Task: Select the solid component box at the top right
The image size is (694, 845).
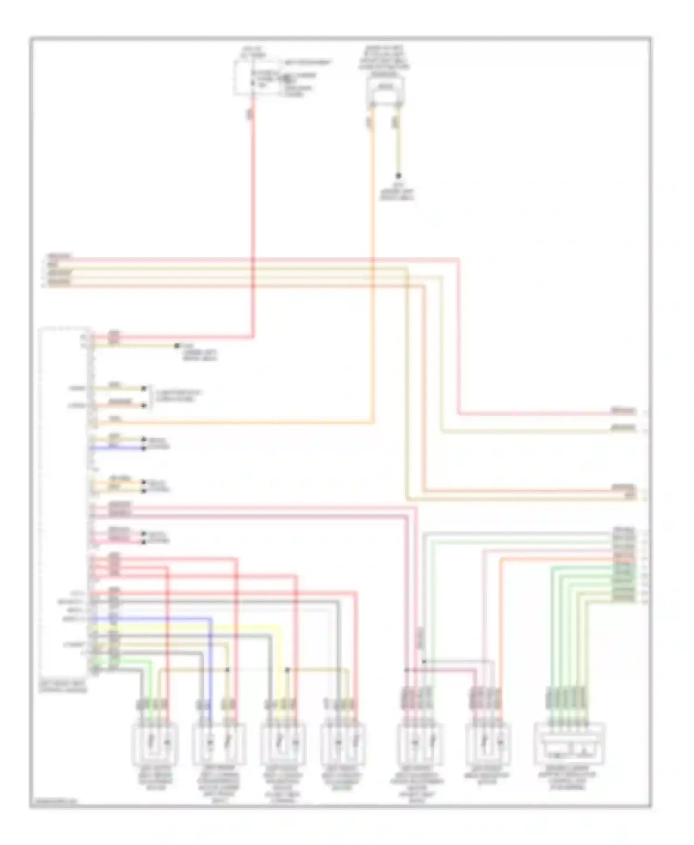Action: coord(385,91)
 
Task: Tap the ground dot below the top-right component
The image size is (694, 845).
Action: coord(397,176)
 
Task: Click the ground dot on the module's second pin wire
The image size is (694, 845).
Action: coord(176,345)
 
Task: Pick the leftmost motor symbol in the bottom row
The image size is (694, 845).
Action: coord(155,744)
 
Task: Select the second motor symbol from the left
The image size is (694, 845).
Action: coord(218,744)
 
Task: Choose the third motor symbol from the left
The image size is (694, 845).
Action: coord(283,744)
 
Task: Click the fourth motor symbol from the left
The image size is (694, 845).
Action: coord(343,744)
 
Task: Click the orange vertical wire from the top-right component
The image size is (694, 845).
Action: coord(372,277)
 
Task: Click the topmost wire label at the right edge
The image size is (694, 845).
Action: coord(623,410)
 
